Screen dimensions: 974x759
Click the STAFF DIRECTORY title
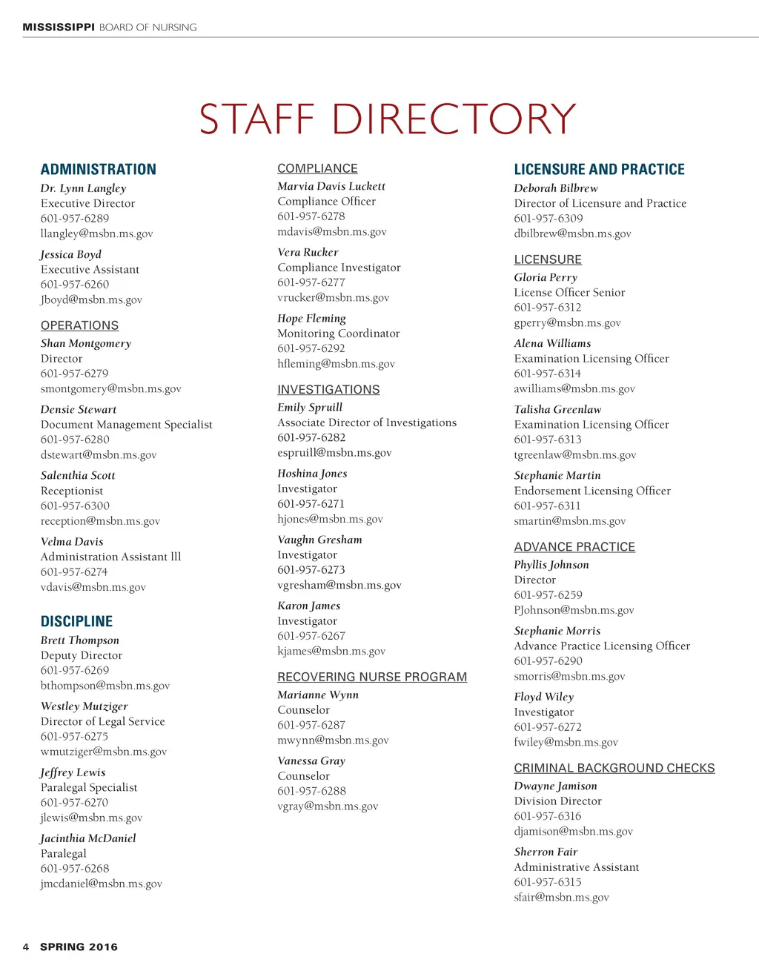point(388,119)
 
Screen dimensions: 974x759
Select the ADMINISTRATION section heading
point(99,169)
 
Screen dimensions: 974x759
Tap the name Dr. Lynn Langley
point(83,188)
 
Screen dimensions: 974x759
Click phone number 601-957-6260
point(75,285)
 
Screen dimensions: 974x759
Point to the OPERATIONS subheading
point(79,325)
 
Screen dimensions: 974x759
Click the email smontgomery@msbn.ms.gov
point(110,388)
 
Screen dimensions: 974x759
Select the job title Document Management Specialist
point(126,425)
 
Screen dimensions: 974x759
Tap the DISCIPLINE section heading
point(76,621)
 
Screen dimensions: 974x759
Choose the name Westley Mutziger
point(84,706)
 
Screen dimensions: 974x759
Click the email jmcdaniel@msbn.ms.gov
point(101,884)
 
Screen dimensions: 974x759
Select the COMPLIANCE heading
point(317,168)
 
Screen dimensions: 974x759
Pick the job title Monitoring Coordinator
point(338,334)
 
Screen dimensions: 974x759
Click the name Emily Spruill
point(310,407)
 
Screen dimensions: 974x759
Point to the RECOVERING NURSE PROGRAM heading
point(372,677)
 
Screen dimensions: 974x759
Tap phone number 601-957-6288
point(311,791)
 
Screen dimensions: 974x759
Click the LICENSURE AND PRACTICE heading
point(599,169)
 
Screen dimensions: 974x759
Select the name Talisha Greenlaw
point(557,409)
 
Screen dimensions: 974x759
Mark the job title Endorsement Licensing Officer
point(592,491)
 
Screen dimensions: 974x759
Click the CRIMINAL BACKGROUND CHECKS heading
point(614,768)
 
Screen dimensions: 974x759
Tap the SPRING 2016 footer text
point(79,947)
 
